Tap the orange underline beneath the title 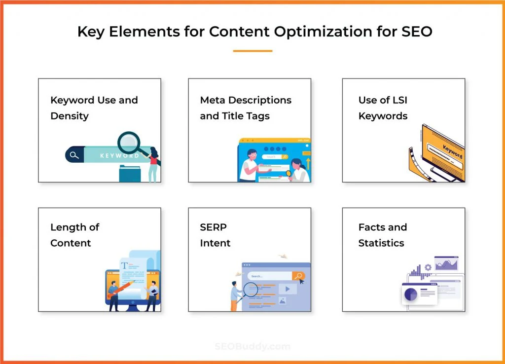[x=252, y=50]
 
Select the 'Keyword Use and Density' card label [x=94, y=108]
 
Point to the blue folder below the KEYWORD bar [x=130, y=174]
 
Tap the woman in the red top [x=153, y=162]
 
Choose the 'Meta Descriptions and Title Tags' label [x=246, y=108]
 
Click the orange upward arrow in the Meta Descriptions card [x=308, y=162]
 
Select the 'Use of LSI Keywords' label [x=383, y=108]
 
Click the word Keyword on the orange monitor [x=452, y=150]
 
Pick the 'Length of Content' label [x=74, y=235]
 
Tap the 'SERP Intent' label [x=215, y=235]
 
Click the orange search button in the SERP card [x=298, y=276]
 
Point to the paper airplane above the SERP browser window [x=282, y=256]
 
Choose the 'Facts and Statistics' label [x=382, y=235]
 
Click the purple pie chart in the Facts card [x=410, y=294]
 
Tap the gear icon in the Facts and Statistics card [x=428, y=267]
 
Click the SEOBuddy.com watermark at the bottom [x=252, y=346]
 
